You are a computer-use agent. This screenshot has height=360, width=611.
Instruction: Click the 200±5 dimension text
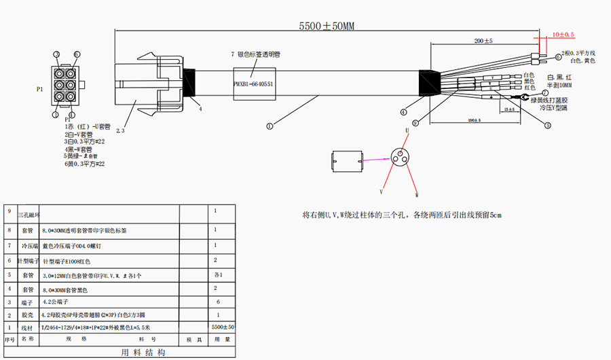tap(483, 41)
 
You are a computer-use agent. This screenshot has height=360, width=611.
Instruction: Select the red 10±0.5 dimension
tap(563, 34)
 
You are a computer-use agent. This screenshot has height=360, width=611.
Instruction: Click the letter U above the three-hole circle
tap(406, 129)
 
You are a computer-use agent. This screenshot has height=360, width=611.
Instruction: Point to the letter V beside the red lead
tap(381, 192)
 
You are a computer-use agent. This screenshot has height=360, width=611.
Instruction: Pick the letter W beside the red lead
tap(416, 195)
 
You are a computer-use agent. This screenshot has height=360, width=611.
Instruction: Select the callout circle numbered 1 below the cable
tap(270, 125)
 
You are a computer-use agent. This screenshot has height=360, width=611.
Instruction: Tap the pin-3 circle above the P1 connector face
tap(57, 54)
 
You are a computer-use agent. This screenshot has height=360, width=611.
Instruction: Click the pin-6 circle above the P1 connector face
tap(77, 54)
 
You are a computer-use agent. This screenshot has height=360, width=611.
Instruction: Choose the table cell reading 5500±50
tap(223, 327)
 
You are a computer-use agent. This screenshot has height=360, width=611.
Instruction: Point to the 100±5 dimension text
tap(475, 120)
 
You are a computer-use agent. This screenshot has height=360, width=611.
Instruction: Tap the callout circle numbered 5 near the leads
tap(547, 125)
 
